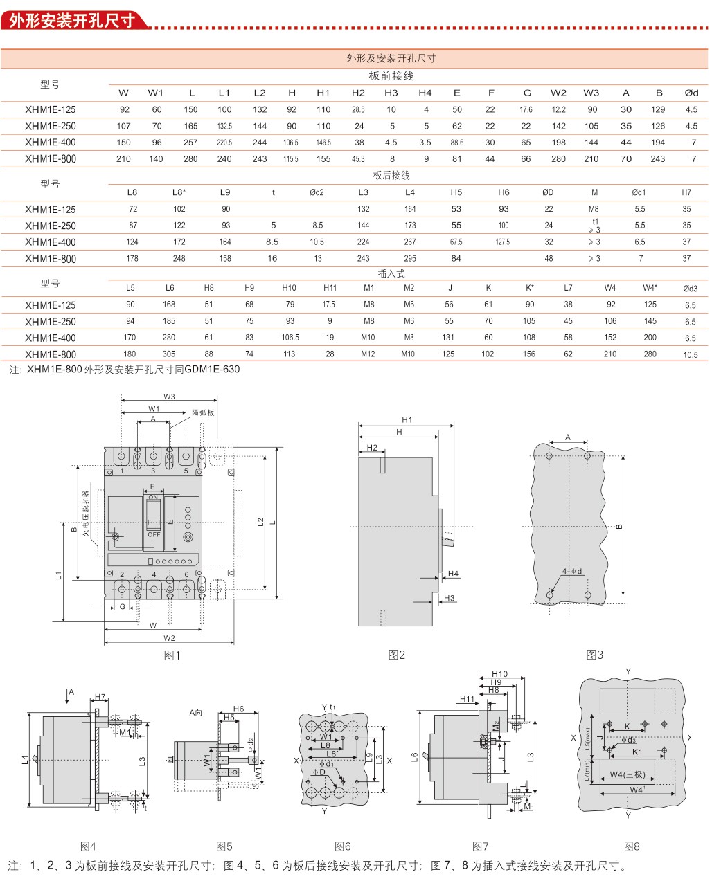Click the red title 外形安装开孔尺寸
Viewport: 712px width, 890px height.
point(72,20)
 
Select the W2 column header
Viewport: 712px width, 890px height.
point(558,93)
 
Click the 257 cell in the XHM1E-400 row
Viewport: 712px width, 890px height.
point(190,143)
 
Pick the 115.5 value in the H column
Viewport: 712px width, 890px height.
point(291,159)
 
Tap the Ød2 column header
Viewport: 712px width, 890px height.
point(317,192)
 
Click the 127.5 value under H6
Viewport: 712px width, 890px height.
point(503,242)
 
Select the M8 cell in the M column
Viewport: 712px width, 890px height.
point(594,209)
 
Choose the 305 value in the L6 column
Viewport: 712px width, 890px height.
point(169,354)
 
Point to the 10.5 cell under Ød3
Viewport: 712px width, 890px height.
point(690,355)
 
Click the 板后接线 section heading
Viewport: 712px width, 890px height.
point(391,176)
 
